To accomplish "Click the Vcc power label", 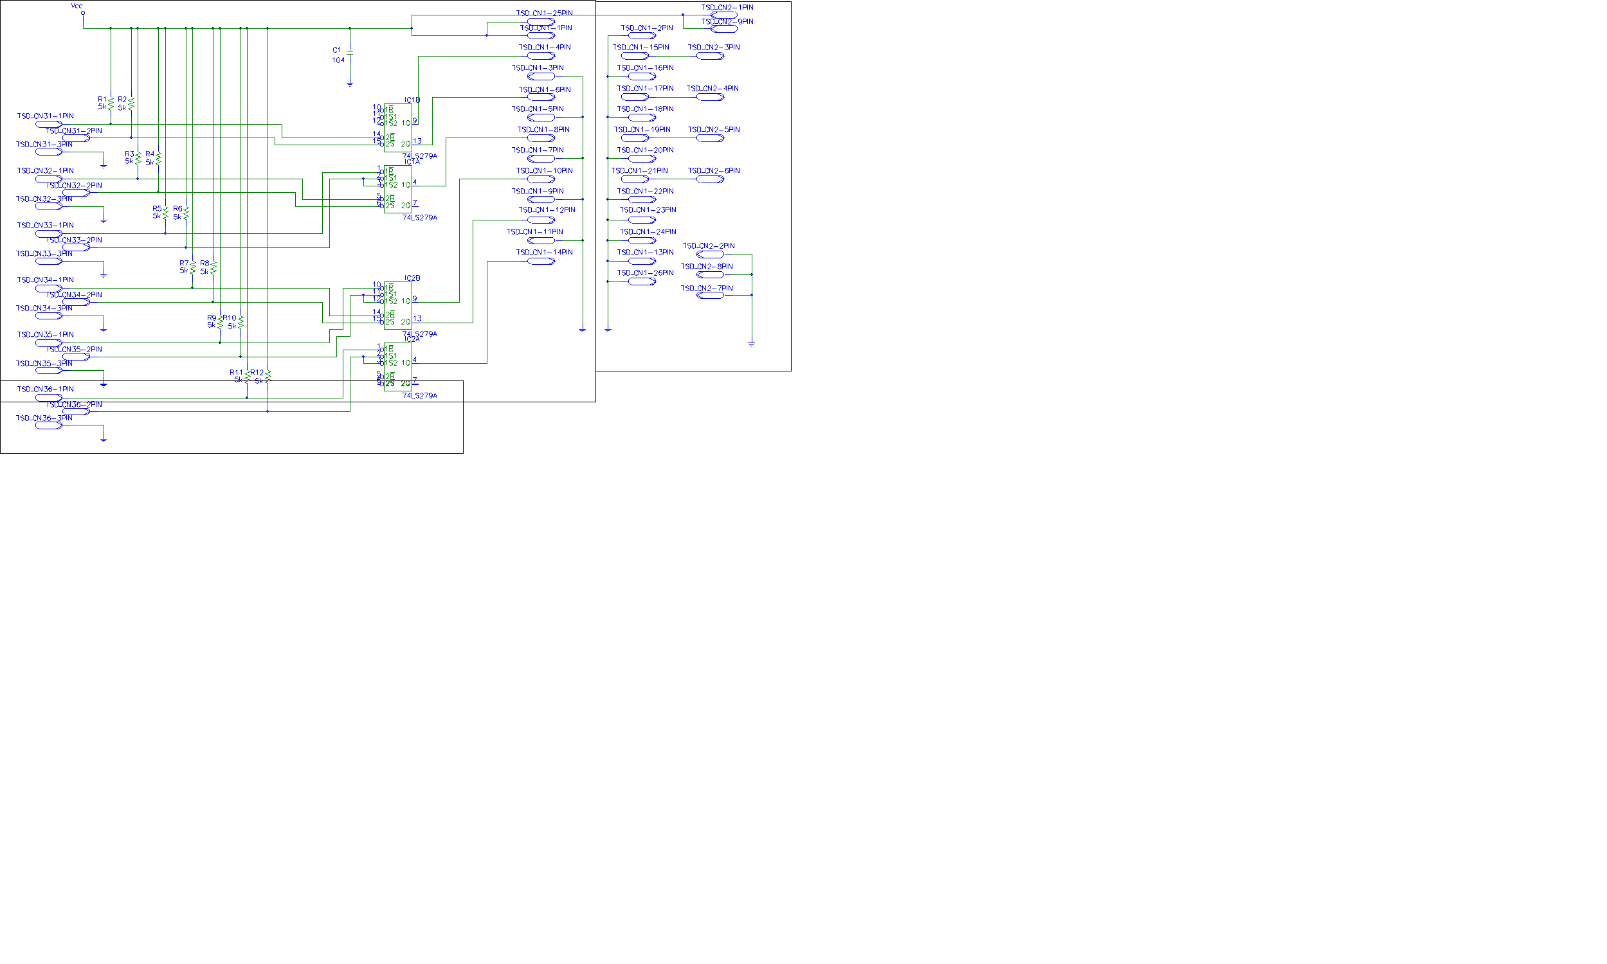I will (x=77, y=6).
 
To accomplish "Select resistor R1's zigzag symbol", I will (x=111, y=103).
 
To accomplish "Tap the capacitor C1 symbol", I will (x=350, y=51).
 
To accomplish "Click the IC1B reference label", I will (x=412, y=100).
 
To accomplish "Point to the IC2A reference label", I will (x=412, y=339).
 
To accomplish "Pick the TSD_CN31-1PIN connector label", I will (x=46, y=116).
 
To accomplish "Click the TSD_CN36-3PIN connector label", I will (x=44, y=418).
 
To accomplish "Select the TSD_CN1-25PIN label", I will (x=544, y=13).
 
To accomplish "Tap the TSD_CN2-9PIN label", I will (x=727, y=21).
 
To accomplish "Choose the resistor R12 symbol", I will (x=268, y=376).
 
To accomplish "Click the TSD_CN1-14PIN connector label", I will (x=544, y=252).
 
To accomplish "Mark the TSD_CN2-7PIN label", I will (x=706, y=289).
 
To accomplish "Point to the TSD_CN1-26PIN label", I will (x=644, y=273).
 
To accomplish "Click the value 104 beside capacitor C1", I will (x=338, y=60).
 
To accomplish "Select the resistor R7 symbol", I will (x=192, y=267).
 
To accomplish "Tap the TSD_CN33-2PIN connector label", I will (x=73, y=240).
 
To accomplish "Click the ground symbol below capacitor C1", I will (x=350, y=83).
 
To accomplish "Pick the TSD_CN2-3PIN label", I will (x=714, y=48).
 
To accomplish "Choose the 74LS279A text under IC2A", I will (x=419, y=396).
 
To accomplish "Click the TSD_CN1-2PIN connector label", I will (x=646, y=28).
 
